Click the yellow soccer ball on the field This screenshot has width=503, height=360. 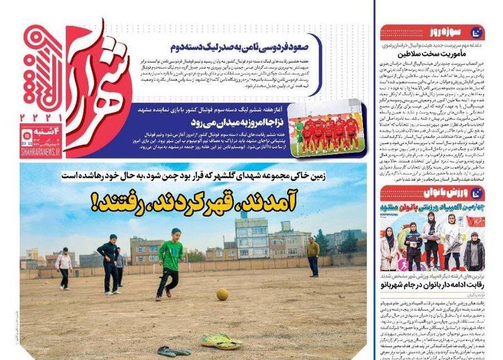[223, 294]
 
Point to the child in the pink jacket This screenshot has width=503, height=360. [64, 266]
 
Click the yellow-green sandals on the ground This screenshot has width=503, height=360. [221, 342]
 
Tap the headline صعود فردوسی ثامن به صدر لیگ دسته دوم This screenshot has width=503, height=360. [241, 46]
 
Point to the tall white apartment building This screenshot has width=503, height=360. [252, 237]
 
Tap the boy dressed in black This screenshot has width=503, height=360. [110, 263]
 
